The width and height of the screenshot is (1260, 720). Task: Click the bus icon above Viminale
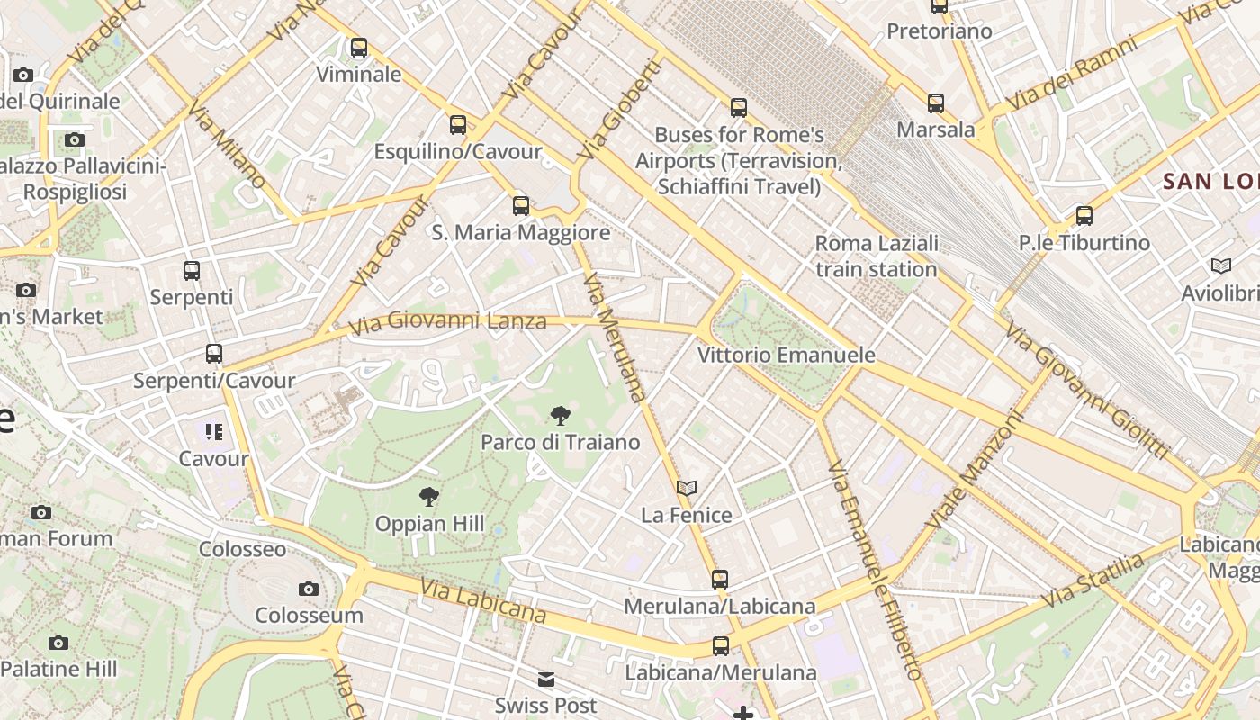pyautogui.click(x=359, y=48)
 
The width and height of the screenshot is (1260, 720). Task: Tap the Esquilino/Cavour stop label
pyautogui.click(x=458, y=151)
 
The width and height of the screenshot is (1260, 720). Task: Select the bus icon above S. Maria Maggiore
pyautogui.click(x=521, y=206)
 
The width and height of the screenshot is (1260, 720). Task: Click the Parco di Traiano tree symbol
pyautogui.click(x=560, y=415)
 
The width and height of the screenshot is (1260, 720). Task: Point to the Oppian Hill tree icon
pyautogui.click(x=429, y=496)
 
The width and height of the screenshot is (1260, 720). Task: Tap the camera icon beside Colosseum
pyautogui.click(x=309, y=589)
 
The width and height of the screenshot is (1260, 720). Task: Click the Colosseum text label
pyautogui.click(x=309, y=616)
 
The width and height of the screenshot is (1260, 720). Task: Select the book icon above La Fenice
pyautogui.click(x=687, y=488)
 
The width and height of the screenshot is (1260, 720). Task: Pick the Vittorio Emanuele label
pyautogui.click(x=786, y=355)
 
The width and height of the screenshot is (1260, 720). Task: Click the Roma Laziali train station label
pyautogui.click(x=877, y=256)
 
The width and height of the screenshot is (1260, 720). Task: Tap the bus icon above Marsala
pyautogui.click(x=936, y=103)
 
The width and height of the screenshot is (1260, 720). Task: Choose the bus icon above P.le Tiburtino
pyautogui.click(x=1084, y=216)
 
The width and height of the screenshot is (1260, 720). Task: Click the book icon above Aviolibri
pyautogui.click(x=1220, y=266)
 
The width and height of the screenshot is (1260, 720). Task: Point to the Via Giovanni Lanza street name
pyautogui.click(x=447, y=322)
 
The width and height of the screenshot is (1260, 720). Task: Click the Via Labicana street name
pyautogui.click(x=482, y=601)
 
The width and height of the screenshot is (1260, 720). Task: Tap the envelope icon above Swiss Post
pyautogui.click(x=546, y=679)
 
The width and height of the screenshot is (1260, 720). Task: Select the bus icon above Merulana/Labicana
pyautogui.click(x=719, y=580)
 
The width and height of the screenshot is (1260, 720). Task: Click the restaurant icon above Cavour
pyautogui.click(x=213, y=432)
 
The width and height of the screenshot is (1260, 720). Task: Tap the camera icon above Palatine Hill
pyautogui.click(x=58, y=643)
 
